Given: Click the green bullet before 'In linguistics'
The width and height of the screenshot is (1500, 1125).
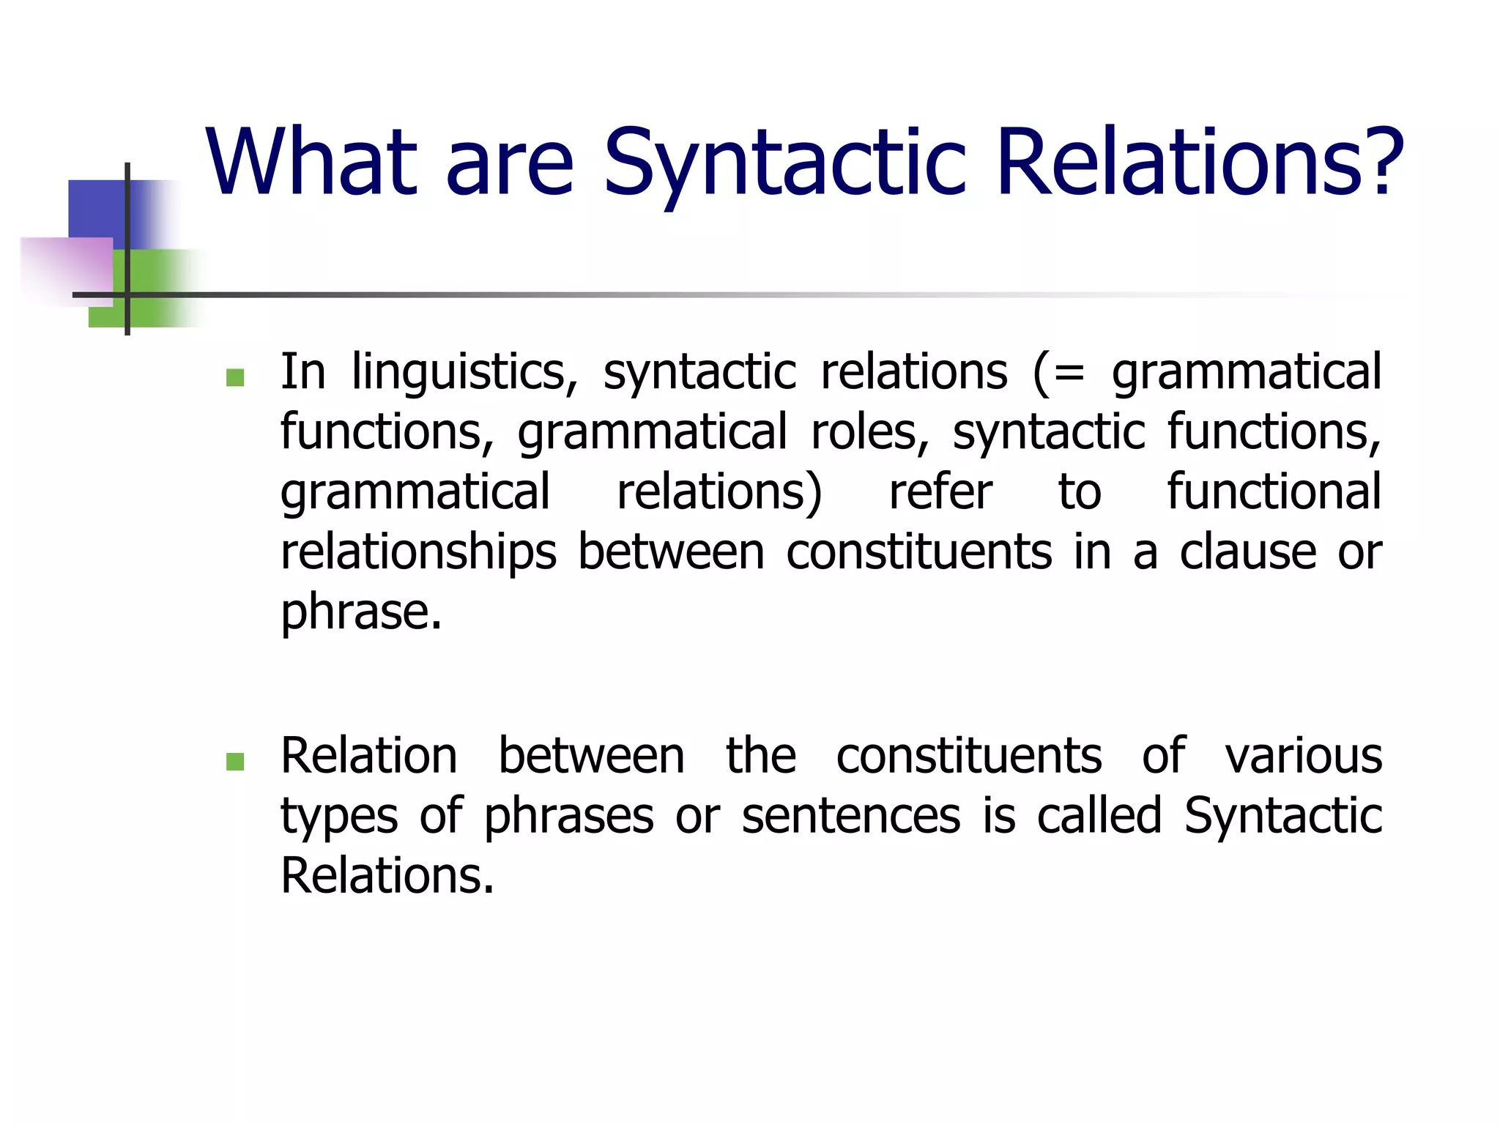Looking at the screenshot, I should (235, 377).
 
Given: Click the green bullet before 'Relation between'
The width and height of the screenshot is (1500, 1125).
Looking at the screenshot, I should (235, 762).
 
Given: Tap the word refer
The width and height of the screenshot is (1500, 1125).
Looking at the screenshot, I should (940, 492).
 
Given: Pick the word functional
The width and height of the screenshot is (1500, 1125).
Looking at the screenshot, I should (1274, 492).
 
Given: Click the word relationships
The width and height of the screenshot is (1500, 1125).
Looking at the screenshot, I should (418, 554).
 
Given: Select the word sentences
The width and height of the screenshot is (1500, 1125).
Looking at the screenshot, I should (850, 817).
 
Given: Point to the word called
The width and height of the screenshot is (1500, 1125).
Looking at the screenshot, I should (1099, 817).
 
